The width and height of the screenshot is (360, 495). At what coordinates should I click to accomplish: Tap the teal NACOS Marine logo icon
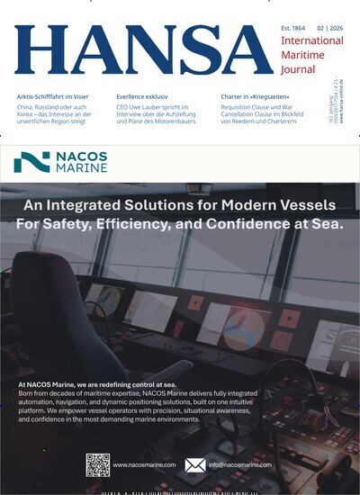(x=31, y=161)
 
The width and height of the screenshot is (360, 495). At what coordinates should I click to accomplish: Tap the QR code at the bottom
(x=98, y=464)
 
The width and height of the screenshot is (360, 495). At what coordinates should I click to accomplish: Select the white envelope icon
(x=194, y=465)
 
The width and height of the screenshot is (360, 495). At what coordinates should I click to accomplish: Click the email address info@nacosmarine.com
(x=240, y=465)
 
